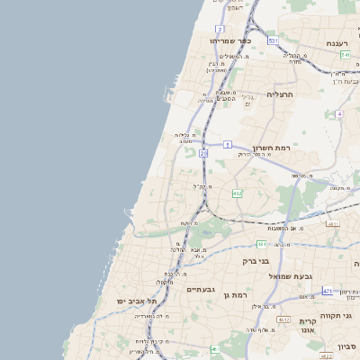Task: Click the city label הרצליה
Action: [x=280, y=93]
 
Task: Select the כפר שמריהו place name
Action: [x=228, y=40]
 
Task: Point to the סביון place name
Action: [x=347, y=346]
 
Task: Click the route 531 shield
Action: [x=273, y=40]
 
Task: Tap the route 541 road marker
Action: [x=346, y=55]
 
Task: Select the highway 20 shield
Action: [x=203, y=154]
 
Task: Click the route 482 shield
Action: [x=237, y=193]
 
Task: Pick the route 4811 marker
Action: [x=333, y=224]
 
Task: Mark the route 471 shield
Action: [x=327, y=292]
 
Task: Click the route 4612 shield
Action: [x=283, y=319]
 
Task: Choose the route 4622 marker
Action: [x=324, y=356]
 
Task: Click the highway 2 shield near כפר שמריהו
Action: [x=220, y=29]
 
